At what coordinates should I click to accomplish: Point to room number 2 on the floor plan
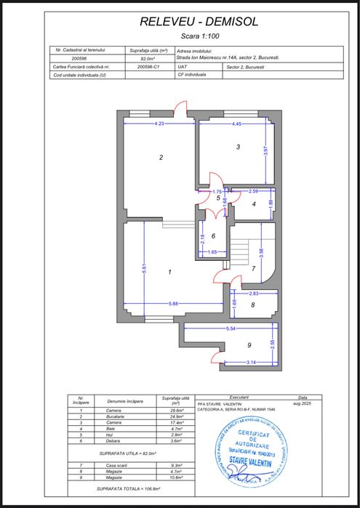161,157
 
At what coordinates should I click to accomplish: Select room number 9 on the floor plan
248,344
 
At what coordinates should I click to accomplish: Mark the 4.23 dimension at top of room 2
159,124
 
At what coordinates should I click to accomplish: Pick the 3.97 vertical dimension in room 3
266,153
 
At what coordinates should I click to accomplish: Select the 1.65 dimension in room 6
212,251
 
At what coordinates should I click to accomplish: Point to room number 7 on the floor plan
253,269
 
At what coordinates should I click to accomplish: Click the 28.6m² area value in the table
175,411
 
